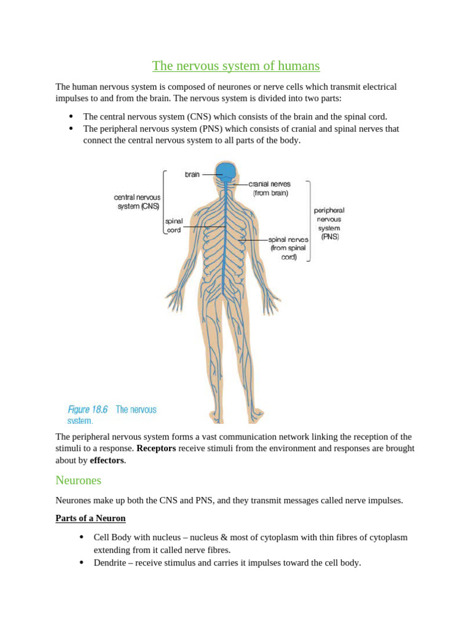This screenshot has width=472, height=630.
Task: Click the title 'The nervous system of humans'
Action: click(236, 66)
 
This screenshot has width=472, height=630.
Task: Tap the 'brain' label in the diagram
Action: click(192, 175)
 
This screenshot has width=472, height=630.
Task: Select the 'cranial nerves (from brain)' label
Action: click(270, 188)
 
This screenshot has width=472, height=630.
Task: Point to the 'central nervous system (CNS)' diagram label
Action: click(138, 202)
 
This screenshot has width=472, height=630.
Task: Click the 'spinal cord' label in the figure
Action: click(173, 225)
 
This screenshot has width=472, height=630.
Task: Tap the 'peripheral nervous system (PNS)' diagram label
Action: click(329, 223)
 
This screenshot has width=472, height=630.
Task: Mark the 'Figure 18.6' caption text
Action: click(87, 410)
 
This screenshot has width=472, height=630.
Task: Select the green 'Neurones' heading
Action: click(78, 480)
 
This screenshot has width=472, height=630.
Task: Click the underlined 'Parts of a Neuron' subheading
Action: click(90, 518)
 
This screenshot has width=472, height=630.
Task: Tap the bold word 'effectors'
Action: click(106, 460)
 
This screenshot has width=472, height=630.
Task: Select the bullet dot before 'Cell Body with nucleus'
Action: click(82, 537)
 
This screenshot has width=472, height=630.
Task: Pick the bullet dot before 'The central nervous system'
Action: click(71, 116)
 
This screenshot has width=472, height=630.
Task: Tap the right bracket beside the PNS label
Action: click(309, 221)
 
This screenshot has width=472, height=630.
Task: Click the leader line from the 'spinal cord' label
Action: click(203, 226)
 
